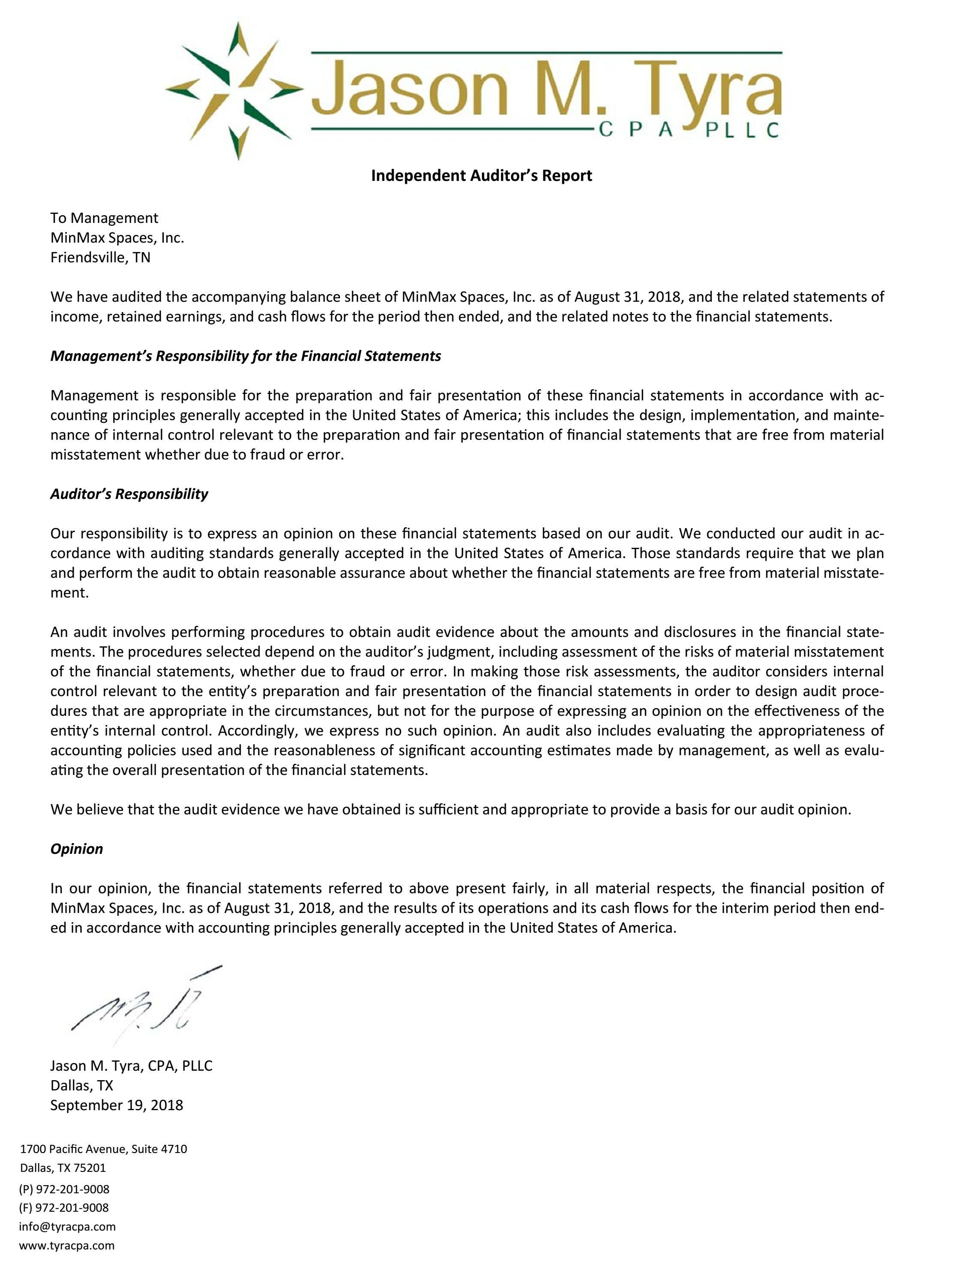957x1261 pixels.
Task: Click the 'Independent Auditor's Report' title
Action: coord(482,176)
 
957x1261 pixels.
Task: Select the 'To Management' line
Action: coord(104,218)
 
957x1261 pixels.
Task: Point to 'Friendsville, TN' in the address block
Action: coord(100,257)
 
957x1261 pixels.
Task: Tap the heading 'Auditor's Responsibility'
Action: coord(129,494)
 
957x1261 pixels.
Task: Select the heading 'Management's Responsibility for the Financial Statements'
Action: coord(245,356)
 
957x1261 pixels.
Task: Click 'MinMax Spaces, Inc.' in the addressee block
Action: coord(117,238)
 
